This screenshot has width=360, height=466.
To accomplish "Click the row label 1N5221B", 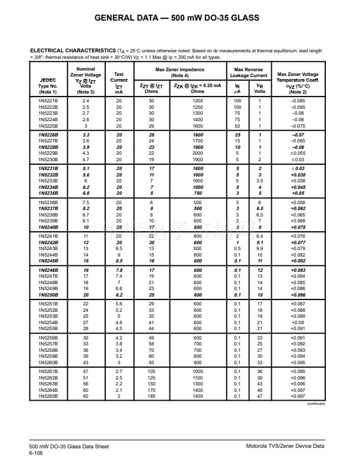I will [x=48, y=101].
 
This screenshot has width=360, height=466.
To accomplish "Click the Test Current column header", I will [x=119, y=82].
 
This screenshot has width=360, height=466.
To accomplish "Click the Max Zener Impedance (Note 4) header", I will [x=180, y=72].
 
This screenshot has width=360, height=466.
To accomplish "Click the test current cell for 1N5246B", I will [x=119, y=269].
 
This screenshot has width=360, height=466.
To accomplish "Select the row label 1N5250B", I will [x=48, y=294].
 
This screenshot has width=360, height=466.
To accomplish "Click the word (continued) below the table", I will [x=315, y=404].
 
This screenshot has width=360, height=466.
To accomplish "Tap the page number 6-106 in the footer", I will [x=37, y=453].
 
